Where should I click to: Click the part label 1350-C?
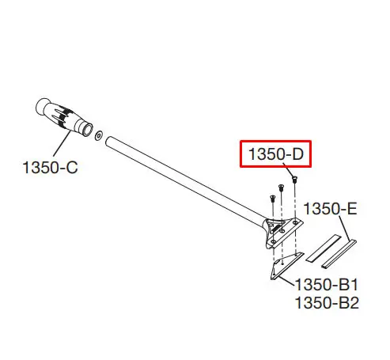click(50, 168)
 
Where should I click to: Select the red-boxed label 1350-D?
click(276, 154)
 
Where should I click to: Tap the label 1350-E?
click(330, 209)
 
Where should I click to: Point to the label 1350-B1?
click(327, 285)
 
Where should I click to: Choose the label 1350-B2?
click(327, 303)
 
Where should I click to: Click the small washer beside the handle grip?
click(99, 135)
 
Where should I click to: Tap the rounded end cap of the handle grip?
click(41, 106)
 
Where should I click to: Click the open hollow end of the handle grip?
click(87, 130)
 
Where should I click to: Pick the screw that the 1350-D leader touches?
click(294, 180)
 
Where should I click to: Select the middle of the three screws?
click(281, 188)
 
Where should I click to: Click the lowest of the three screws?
click(273, 199)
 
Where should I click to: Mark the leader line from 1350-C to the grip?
click(62, 144)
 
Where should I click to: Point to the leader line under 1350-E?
click(345, 229)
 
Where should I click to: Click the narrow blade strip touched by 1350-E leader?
click(339, 254)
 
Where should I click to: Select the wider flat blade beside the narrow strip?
click(324, 248)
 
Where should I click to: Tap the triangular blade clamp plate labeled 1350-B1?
click(286, 265)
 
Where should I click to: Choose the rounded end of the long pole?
click(108, 140)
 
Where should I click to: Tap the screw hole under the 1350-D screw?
click(295, 223)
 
